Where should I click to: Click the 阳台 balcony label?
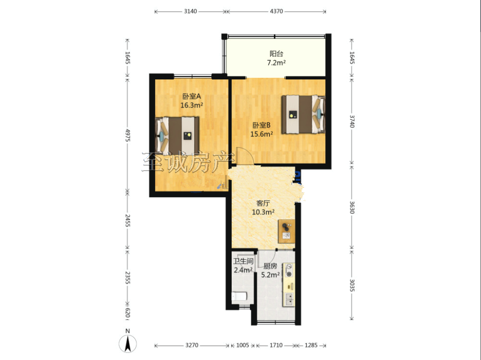tap(276, 54)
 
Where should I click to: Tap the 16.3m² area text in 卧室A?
tap(192, 105)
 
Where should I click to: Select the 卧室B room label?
tap(261, 125)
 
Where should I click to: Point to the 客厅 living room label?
tap(263, 203)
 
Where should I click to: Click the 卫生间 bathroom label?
tap(243, 261)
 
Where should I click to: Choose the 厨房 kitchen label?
tap(270, 266)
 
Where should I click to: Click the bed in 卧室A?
tap(177, 135)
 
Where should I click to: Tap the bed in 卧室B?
tap(304, 114)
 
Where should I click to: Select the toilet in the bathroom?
tap(240, 296)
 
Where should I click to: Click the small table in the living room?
tap(286, 231)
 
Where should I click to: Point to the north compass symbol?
tap(128, 343)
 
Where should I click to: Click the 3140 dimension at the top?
tap(190, 11)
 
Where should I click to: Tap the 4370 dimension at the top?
tap(276, 11)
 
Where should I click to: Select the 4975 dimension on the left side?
tap(128, 135)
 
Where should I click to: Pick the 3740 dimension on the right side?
tap(352, 121)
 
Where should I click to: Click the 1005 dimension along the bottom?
tap(242, 345)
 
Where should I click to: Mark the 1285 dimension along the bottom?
tap(311, 345)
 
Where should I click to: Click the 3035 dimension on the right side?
tap(352, 285)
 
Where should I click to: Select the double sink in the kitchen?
tap(289, 299)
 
